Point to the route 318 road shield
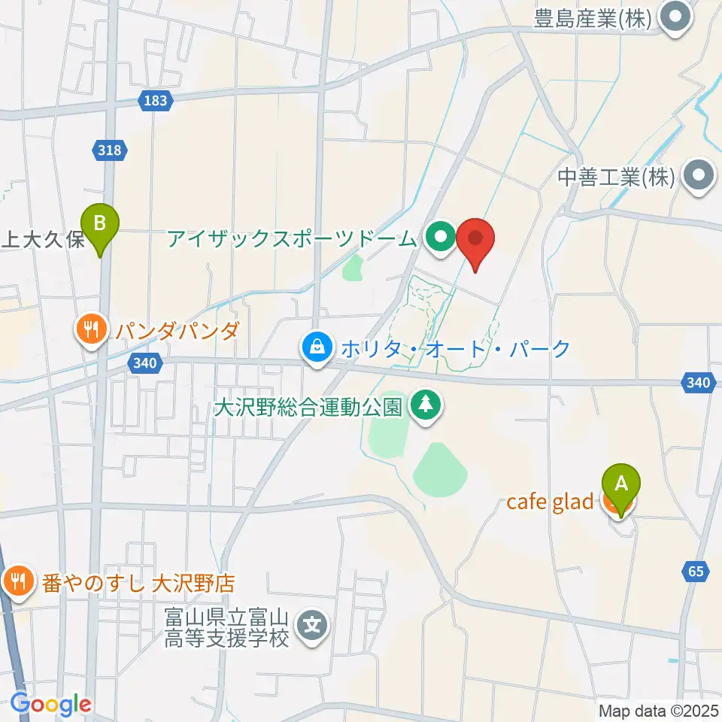(x=109, y=150)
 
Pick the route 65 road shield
(x=696, y=572)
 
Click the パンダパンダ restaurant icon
(x=91, y=329)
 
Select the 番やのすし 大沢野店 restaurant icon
(x=16, y=581)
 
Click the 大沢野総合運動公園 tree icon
(x=426, y=407)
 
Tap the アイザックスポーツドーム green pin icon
(x=439, y=238)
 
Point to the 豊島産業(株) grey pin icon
(x=675, y=18)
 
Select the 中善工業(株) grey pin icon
(x=699, y=177)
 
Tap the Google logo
(x=50, y=704)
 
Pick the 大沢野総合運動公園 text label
(x=308, y=408)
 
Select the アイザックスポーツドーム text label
(x=292, y=239)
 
